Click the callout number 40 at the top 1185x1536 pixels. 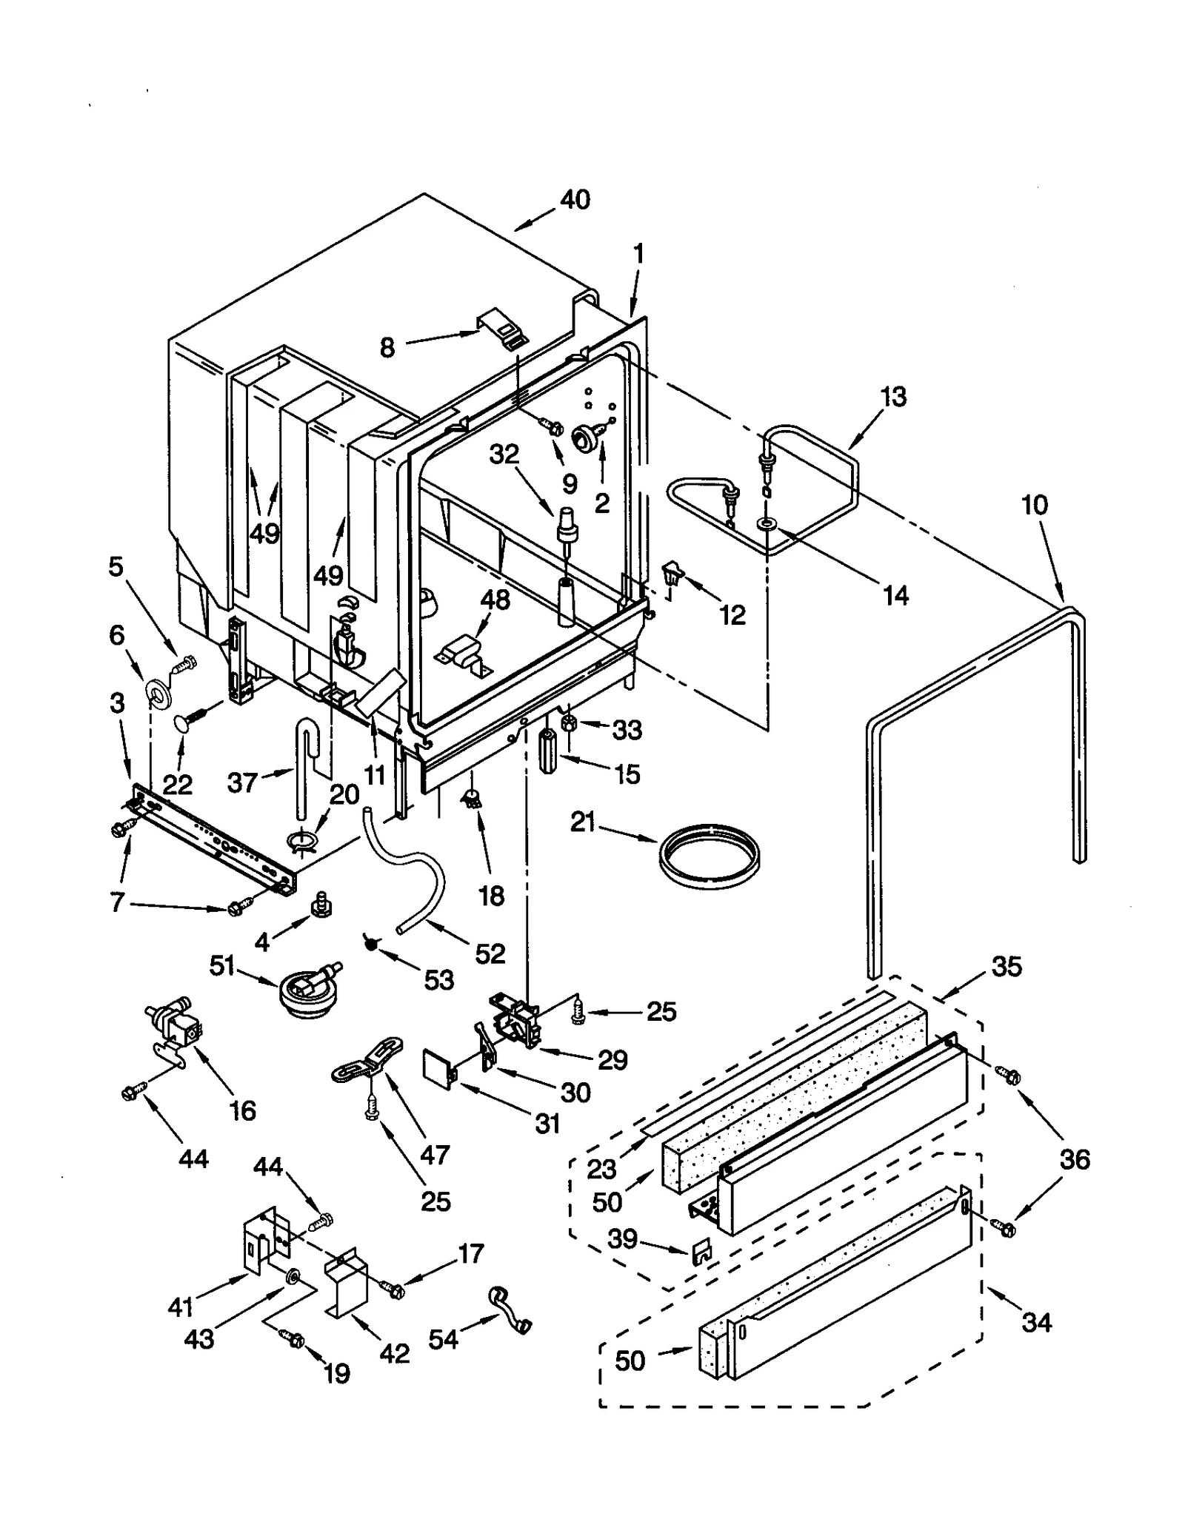(x=575, y=199)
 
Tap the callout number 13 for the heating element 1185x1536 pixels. (x=893, y=397)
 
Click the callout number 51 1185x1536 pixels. (x=222, y=966)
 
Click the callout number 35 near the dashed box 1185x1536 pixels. (x=1006, y=966)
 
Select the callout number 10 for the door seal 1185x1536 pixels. (x=1034, y=505)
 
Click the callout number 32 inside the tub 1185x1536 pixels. (x=504, y=454)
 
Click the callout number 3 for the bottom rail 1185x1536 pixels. (x=117, y=703)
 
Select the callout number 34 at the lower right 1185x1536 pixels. (x=1036, y=1322)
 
